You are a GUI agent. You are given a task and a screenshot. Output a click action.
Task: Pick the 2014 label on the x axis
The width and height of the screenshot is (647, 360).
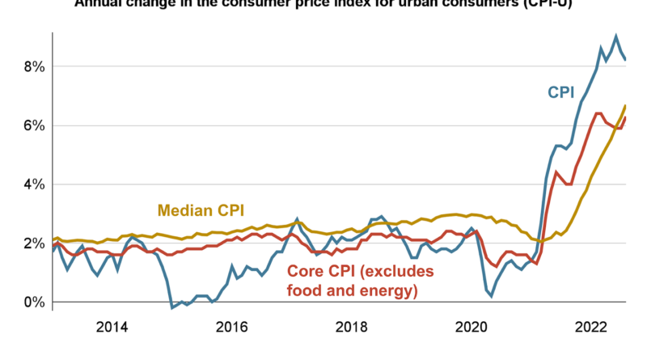coord(112,328)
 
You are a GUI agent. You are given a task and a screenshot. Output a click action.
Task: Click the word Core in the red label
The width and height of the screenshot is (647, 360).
coord(306,270)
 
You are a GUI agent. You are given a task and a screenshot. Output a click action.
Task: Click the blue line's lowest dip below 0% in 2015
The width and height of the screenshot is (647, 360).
coord(171,307)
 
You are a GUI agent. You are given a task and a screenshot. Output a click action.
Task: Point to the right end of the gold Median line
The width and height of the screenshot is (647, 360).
coord(625,106)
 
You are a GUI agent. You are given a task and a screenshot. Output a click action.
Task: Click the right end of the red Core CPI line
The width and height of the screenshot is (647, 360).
coord(625,118)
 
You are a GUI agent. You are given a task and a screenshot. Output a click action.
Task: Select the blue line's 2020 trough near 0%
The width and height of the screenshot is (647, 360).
coord(491,296)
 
